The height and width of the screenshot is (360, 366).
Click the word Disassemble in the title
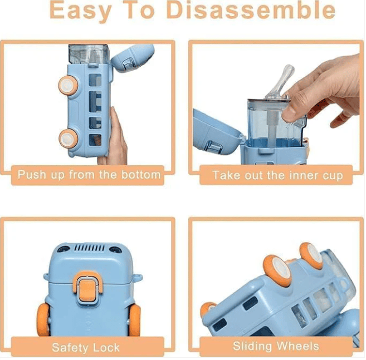251,10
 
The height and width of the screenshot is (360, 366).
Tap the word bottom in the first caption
141,175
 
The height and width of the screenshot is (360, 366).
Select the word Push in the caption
32,175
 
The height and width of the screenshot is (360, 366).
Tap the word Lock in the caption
106,347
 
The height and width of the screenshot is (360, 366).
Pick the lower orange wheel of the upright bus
69,139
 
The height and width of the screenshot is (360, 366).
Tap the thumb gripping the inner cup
294,111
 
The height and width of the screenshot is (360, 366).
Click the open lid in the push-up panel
133,58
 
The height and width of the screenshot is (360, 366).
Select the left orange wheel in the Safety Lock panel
43,320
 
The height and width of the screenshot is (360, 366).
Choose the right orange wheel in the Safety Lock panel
134,320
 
